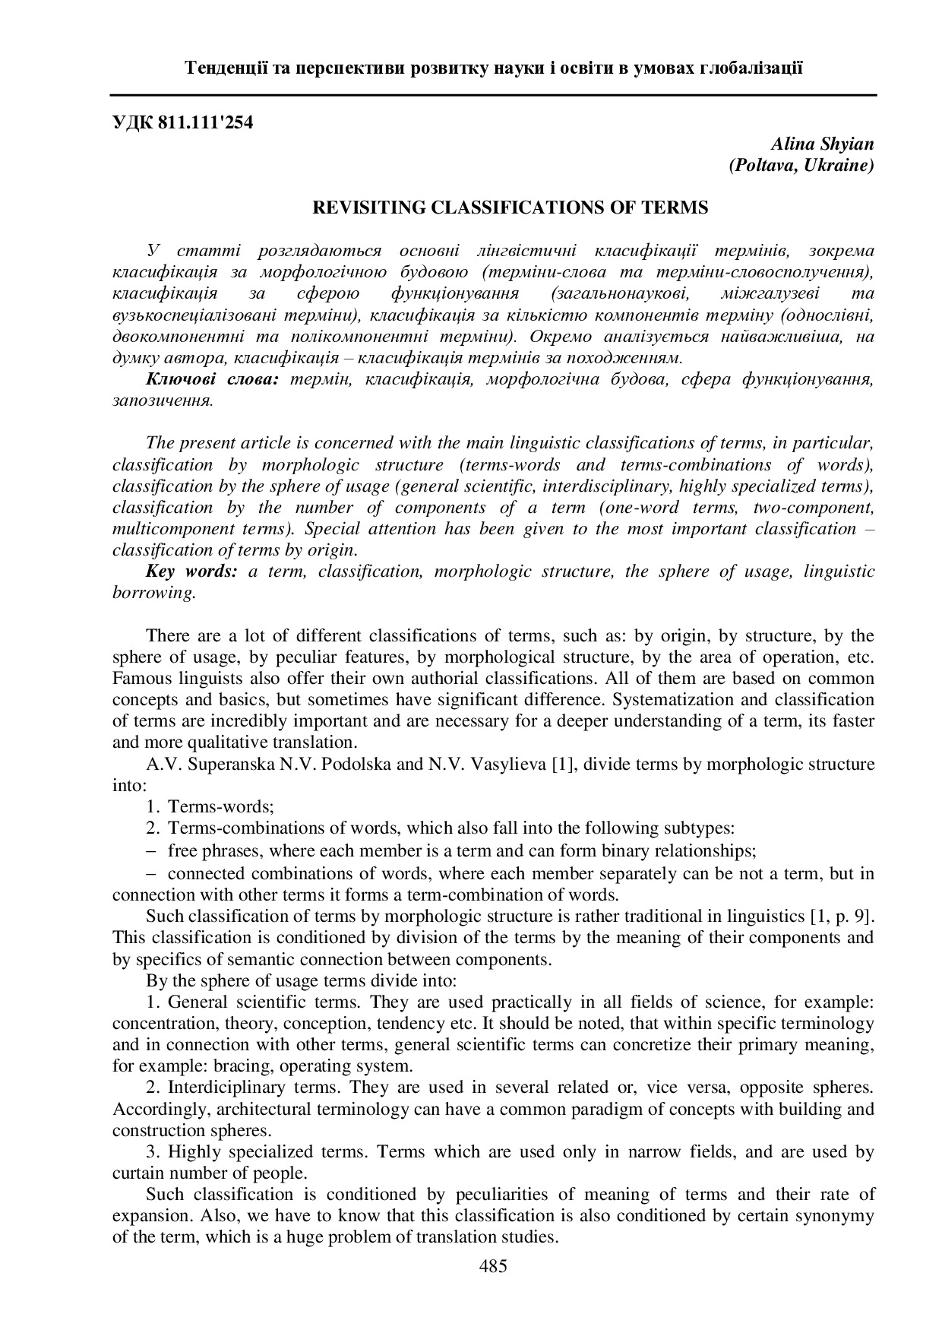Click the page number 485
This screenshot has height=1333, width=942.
click(493, 1266)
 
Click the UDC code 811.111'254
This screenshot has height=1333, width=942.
click(206, 122)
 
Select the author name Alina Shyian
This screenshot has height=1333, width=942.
click(823, 144)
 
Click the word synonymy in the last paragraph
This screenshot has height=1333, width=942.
click(834, 1216)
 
